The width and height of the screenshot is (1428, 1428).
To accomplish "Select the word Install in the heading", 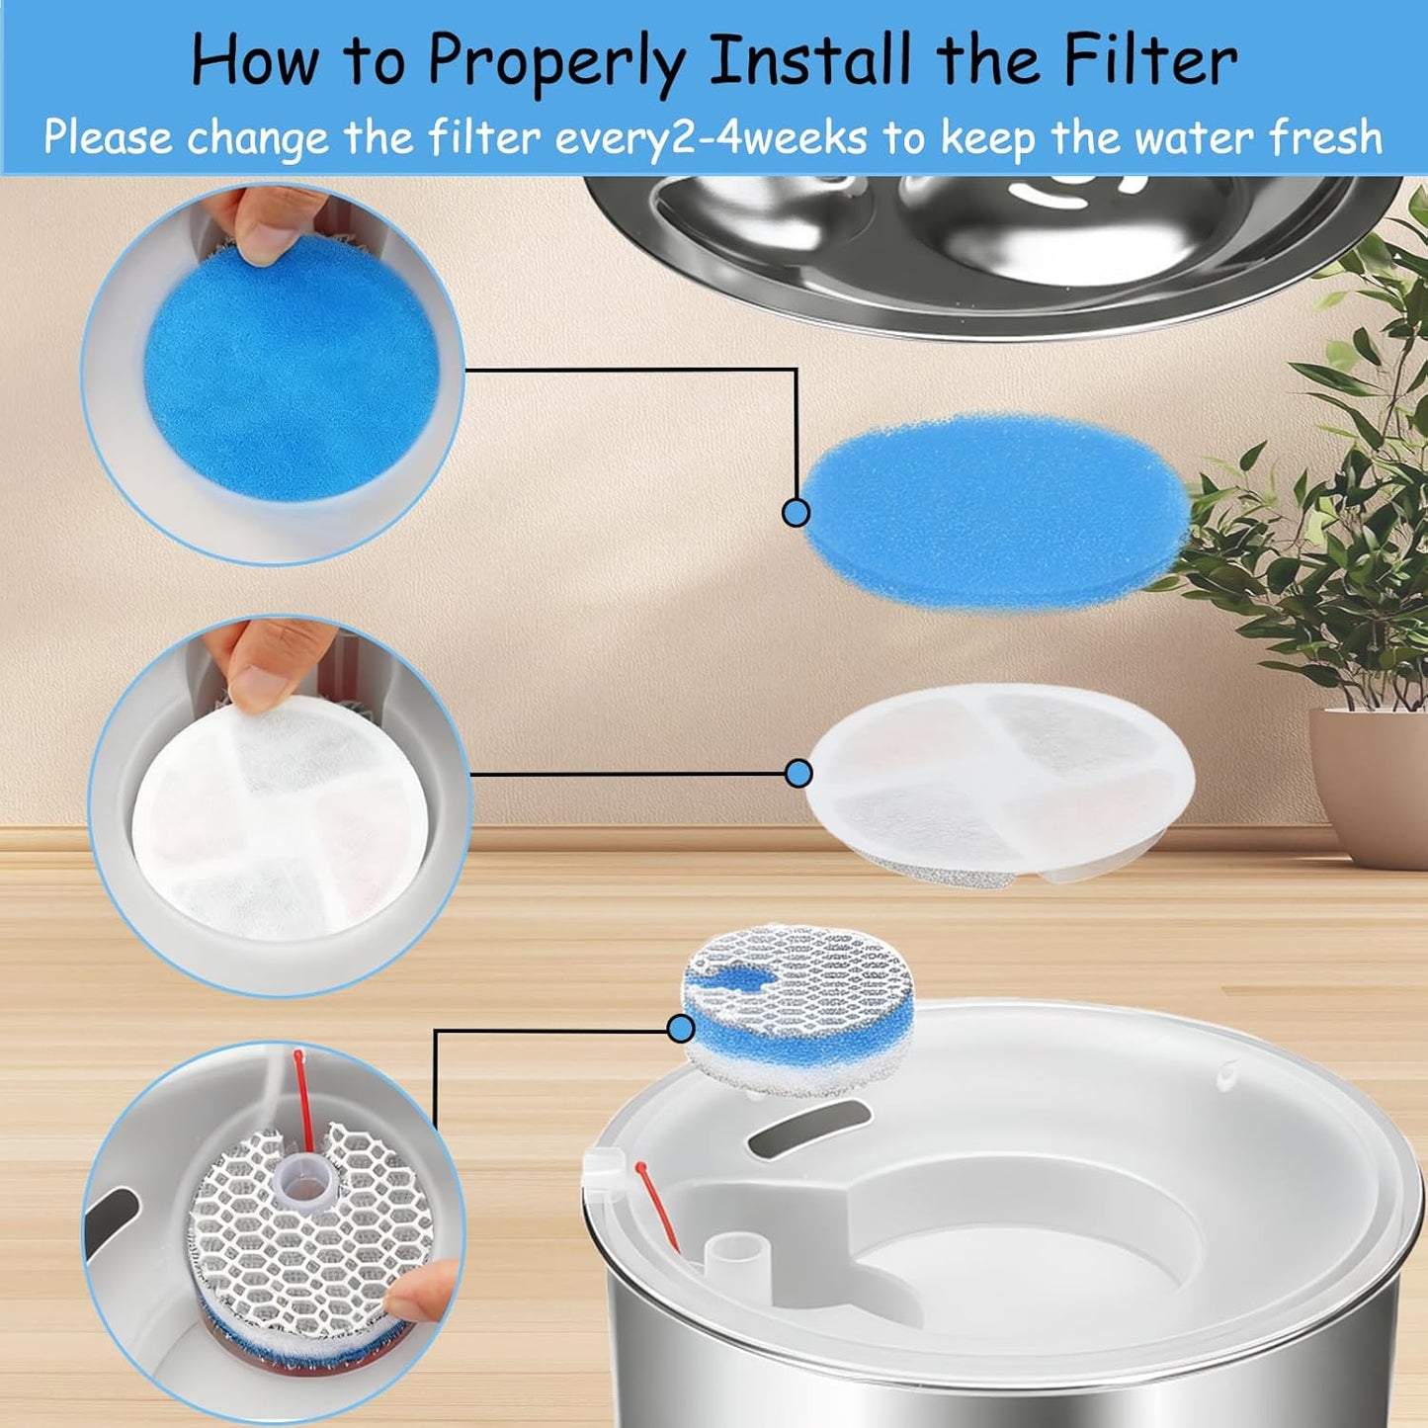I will (810, 61).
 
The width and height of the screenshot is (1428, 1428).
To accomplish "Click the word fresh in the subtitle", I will (1325, 137).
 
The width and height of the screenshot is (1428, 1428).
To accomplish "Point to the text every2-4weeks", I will (711, 138).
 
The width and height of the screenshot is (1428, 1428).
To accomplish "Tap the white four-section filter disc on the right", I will (998, 781).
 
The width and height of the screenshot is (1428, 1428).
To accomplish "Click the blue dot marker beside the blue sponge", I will (796, 512).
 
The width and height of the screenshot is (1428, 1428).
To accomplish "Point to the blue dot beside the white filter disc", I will (798, 774).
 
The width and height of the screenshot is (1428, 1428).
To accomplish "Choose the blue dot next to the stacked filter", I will (680, 1029).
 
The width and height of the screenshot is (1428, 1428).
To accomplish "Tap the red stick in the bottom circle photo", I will (302, 1097).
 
